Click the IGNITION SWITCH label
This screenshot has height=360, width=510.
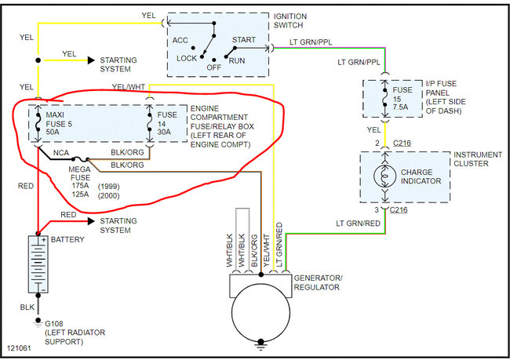point(290,20)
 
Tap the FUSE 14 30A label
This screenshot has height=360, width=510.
point(167,124)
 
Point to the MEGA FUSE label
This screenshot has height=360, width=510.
point(80,173)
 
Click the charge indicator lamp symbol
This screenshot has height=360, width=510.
point(384,176)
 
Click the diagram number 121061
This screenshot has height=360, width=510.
point(19,348)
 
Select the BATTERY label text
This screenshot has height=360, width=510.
point(67,240)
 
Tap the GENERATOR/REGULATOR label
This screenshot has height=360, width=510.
point(318,282)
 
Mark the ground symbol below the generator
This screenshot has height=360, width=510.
point(260,344)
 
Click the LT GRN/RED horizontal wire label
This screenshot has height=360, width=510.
point(358,224)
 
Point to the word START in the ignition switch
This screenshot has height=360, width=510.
point(243,40)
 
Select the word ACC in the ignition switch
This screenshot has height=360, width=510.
point(180,40)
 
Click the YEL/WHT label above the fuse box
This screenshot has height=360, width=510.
point(129,87)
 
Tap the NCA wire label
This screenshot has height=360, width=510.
point(61,152)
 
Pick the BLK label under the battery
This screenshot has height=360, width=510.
point(27,307)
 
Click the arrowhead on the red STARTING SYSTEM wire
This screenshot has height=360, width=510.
point(91,221)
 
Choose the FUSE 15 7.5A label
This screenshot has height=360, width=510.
point(402,99)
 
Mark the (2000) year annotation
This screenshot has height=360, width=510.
point(108,196)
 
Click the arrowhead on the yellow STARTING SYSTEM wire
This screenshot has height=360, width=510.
point(91,60)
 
